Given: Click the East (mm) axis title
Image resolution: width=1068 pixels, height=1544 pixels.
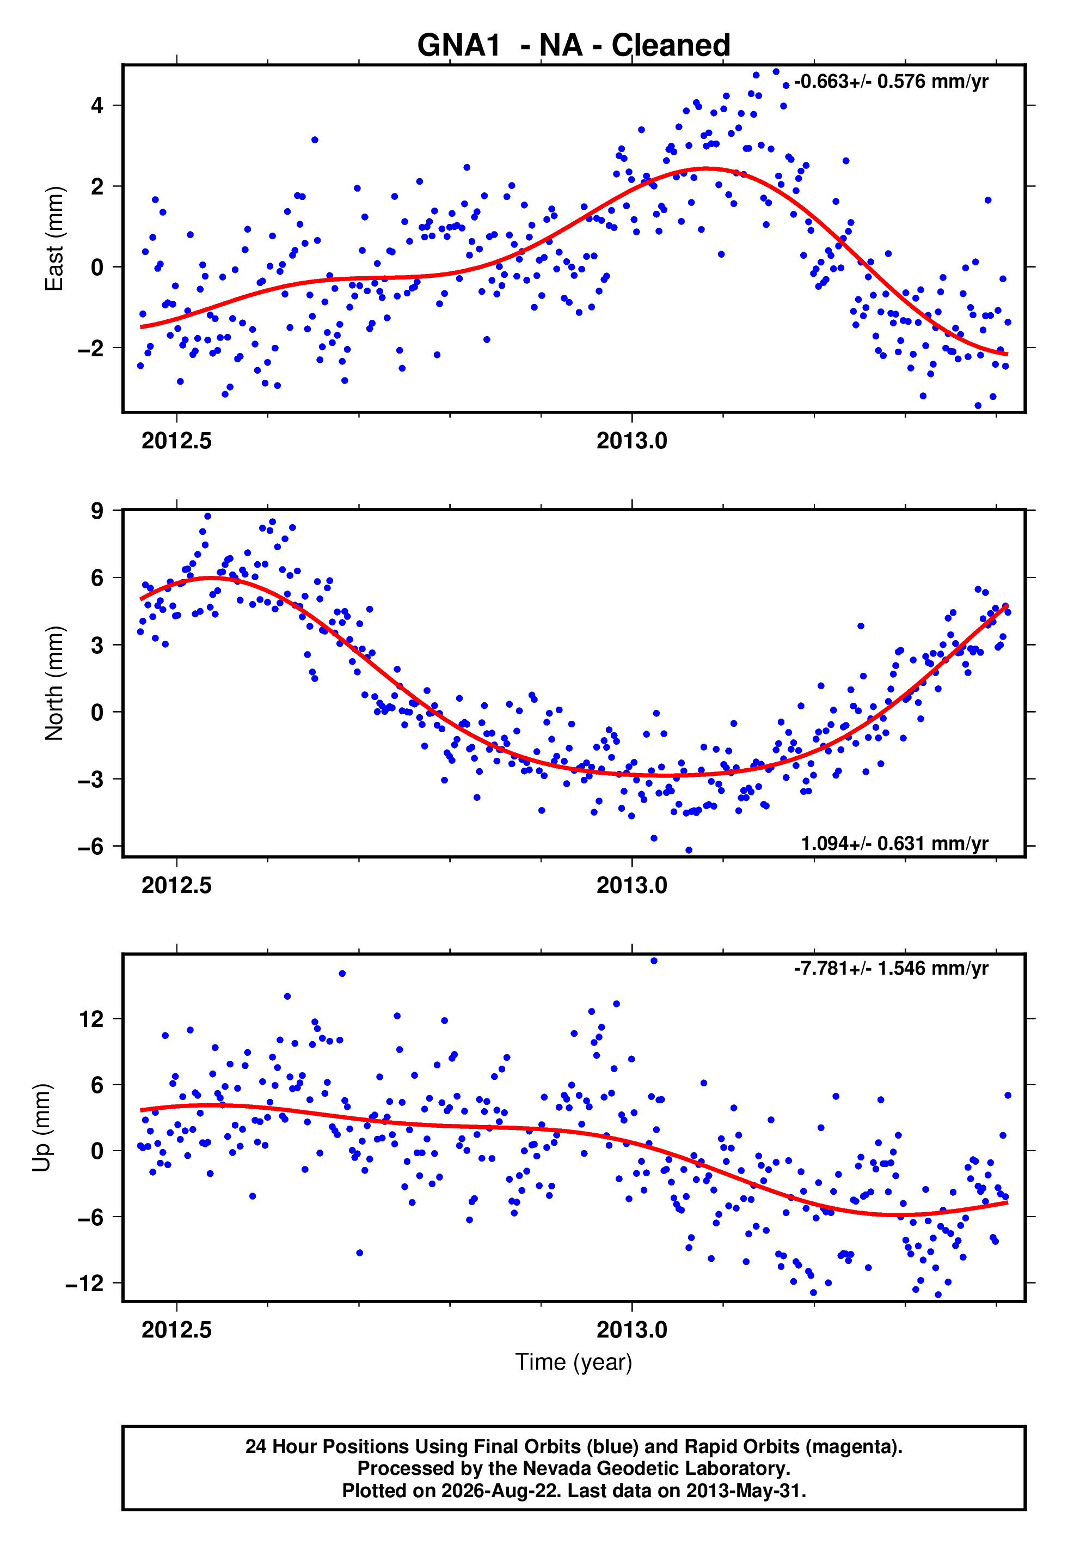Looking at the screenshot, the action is point(55,239).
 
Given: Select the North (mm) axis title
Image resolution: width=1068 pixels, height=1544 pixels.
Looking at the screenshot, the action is point(55,683).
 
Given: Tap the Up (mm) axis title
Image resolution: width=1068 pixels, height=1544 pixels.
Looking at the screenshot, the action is point(41,1128).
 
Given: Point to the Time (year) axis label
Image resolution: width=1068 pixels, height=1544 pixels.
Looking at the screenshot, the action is point(574,1362).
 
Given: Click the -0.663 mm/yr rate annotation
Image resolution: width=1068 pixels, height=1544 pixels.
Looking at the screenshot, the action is point(891,82).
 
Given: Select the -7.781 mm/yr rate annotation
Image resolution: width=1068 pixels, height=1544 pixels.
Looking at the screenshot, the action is point(891,968).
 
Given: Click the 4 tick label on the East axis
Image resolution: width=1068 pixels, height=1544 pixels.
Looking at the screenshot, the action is point(97,106).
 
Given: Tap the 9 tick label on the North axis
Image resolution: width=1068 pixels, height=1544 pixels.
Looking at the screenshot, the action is point(97,511).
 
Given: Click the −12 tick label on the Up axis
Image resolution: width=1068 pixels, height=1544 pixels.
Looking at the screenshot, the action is point(85,1284).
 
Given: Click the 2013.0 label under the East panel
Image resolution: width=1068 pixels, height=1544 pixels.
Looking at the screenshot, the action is point(631,441).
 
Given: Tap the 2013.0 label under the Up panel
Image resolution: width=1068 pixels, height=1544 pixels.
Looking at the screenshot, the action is point(631,1330).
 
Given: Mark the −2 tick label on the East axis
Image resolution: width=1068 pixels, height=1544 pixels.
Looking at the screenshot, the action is point(91,348).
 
